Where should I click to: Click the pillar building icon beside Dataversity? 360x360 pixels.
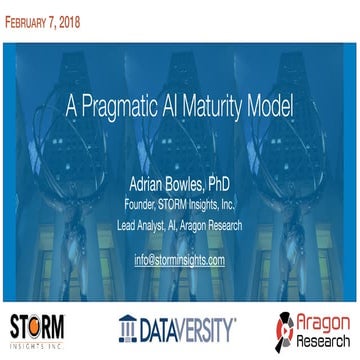tap(127, 327)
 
